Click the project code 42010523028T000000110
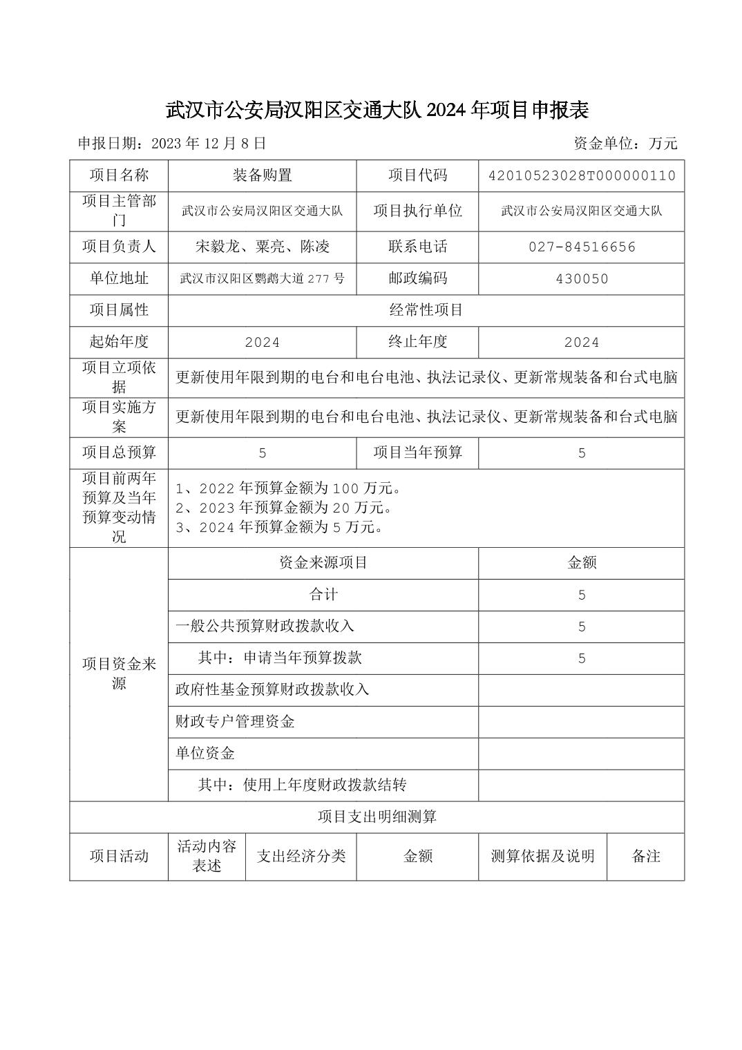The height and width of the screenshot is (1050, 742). click(x=581, y=175)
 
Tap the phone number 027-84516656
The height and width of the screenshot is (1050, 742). click(x=581, y=247)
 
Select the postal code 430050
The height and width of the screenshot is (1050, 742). click(x=581, y=279)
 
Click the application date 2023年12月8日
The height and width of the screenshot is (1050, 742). click(x=171, y=144)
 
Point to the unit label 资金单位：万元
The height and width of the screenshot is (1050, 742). click(x=625, y=144)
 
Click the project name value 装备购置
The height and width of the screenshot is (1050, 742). click(x=262, y=175)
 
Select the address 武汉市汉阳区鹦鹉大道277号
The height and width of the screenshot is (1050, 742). click(x=262, y=279)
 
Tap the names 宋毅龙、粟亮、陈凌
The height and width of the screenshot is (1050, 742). click(x=262, y=247)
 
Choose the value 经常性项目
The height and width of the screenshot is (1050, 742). click(x=426, y=310)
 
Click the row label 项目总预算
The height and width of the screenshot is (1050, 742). click(x=119, y=452)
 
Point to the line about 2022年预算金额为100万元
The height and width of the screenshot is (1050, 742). click(x=289, y=488)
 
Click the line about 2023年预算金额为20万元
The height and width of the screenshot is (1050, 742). click(x=284, y=508)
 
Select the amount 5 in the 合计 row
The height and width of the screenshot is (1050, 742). click(x=581, y=595)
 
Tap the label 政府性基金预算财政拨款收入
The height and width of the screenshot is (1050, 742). click(x=272, y=689)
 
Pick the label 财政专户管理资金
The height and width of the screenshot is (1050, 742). click(x=235, y=722)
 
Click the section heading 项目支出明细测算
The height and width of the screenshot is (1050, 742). click(x=377, y=817)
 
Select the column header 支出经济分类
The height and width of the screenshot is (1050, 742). click(x=301, y=856)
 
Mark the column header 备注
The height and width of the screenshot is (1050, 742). click(x=645, y=856)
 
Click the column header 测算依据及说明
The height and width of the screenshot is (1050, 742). click(x=542, y=856)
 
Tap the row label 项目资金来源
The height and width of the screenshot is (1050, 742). click(x=119, y=674)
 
